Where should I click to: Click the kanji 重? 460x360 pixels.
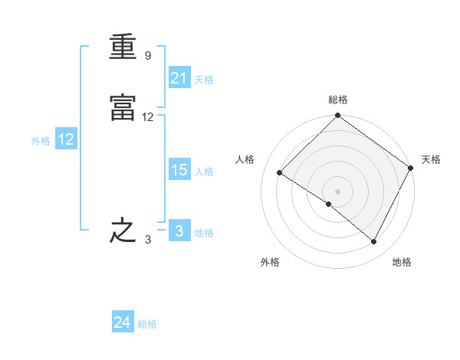(x=123, y=46)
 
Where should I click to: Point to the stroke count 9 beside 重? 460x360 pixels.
(x=148, y=55)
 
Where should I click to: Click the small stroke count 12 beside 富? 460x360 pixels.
(x=147, y=117)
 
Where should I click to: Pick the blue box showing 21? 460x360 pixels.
(x=179, y=77)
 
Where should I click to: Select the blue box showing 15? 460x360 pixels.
(x=179, y=169)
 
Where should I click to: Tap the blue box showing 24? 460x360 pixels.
(x=123, y=321)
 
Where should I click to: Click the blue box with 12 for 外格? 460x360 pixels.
(x=66, y=139)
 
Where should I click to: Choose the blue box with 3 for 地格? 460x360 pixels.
(x=179, y=230)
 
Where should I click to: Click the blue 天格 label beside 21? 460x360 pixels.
(x=204, y=80)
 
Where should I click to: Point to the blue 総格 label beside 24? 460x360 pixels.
(x=147, y=324)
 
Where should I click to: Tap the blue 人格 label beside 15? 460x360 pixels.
(x=204, y=172)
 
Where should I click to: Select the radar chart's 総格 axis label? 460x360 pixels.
(x=338, y=100)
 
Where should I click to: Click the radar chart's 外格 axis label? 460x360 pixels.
(x=270, y=262)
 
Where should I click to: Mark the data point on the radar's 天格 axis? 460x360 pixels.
(x=410, y=168)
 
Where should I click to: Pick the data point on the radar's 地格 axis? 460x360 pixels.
(x=373, y=241)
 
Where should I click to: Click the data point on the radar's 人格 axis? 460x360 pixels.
(x=280, y=172)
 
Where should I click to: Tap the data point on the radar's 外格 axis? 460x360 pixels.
(x=329, y=204)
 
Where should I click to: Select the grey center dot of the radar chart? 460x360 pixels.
(x=337, y=191)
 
